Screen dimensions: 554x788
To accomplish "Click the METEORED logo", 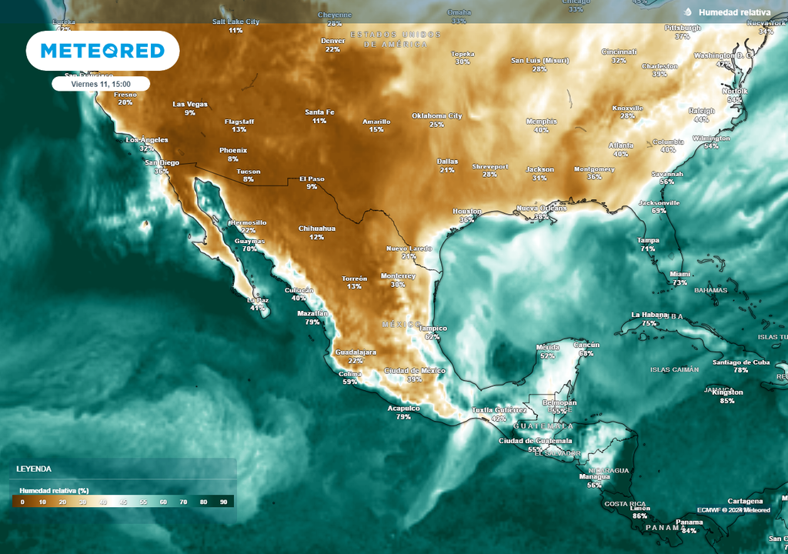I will (x=102, y=51).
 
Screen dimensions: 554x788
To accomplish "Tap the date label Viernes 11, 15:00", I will (x=101, y=84).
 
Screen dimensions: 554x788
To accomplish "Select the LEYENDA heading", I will (x=34, y=469).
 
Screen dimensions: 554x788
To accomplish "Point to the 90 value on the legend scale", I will (x=223, y=502).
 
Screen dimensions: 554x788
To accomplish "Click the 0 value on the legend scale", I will (x=22, y=502).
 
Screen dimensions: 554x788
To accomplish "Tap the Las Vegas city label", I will (x=190, y=104).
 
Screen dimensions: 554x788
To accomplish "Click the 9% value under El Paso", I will (x=312, y=187).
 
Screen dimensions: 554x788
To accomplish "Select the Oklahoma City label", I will (x=436, y=115).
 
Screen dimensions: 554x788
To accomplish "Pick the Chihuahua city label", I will (x=317, y=229).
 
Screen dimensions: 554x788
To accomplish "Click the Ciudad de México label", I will (x=414, y=370).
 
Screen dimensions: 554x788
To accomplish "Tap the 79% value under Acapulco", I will (x=403, y=417).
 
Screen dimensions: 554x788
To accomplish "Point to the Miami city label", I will (x=679, y=274).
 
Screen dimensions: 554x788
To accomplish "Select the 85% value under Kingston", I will (x=727, y=401).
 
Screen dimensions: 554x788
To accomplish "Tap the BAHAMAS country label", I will (x=710, y=290).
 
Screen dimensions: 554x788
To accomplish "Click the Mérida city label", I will (x=547, y=347).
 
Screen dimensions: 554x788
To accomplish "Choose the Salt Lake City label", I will (x=235, y=22).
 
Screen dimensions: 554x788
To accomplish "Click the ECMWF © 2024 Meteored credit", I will (x=733, y=509).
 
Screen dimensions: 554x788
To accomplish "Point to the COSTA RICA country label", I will (x=624, y=504).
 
